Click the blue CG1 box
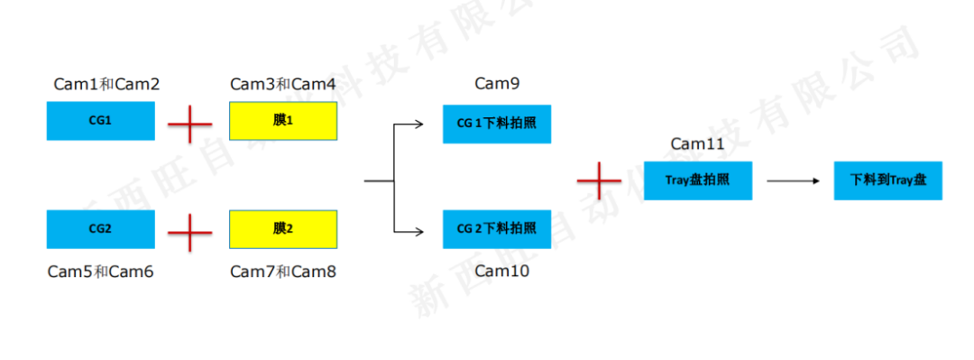pos(100,120)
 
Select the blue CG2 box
pos(100,228)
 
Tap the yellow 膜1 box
pos(283,120)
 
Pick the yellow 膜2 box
pos(283,228)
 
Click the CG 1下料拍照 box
pos(496,124)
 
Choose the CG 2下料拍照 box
pos(496,228)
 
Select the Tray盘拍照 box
pos(697,180)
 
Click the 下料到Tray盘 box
pos(887,180)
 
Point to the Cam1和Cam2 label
pos(106,85)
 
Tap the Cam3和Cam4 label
pos(283,85)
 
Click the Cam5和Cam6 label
pos(100,271)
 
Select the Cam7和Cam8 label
pos(283,271)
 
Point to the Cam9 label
pos(497,85)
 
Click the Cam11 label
pos(697,144)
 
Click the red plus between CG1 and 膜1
pos(190,123)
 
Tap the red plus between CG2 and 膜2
pos(190,233)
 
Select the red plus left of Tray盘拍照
pos(599,180)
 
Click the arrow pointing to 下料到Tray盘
pos(793,181)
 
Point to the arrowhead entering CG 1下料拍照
pos(418,124)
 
